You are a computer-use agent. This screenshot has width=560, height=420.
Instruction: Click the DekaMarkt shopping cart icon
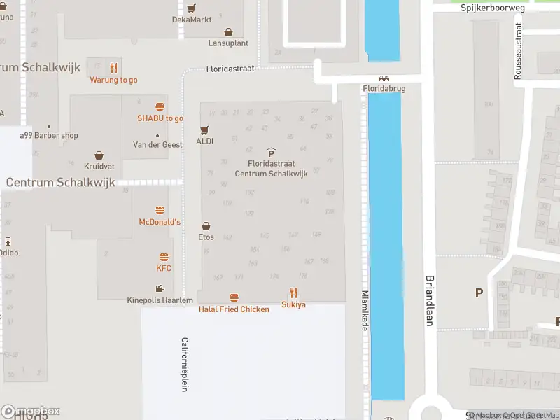click(x=191, y=8)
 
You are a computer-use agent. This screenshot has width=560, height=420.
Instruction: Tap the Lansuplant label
click(x=228, y=43)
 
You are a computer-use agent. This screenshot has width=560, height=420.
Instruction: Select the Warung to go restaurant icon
click(x=113, y=68)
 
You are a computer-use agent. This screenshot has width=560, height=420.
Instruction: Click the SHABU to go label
click(x=160, y=118)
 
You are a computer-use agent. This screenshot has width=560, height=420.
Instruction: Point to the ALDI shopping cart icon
click(x=204, y=129)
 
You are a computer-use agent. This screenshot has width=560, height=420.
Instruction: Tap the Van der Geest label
click(x=157, y=145)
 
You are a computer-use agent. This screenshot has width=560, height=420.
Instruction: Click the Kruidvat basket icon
click(x=99, y=155)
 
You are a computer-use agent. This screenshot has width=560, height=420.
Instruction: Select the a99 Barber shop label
click(x=49, y=136)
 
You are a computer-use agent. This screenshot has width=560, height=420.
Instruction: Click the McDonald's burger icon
click(x=160, y=210)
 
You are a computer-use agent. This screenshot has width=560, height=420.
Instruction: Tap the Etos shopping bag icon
click(x=206, y=226)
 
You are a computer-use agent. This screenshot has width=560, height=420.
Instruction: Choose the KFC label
click(x=164, y=268)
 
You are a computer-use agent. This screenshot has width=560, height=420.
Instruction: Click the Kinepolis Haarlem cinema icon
click(x=160, y=288)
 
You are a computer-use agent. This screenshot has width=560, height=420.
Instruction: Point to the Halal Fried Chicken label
click(x=234, y=309)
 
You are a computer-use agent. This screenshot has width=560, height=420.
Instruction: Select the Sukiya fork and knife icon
click(x=293, y=293)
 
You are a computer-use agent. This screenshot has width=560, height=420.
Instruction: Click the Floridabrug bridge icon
click(x=384, y=79)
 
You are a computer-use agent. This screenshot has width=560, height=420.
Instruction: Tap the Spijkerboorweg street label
click(x=493, y=8)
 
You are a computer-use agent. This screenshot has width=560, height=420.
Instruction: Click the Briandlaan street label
click(x=430, y=301)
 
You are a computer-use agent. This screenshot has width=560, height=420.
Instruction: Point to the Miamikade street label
click(x=365, y=311)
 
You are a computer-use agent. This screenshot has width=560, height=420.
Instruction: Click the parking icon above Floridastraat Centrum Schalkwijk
click(x=271, y=153)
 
